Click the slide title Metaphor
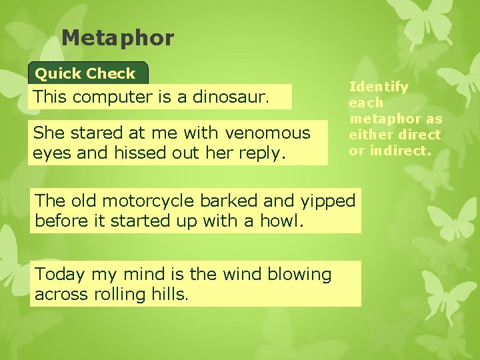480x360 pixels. pyautogui.click(x=117, y=38)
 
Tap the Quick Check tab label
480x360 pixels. pyautogui.click(x=85, y=73)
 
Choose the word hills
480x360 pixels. pyautogui.click(x=171, y=293)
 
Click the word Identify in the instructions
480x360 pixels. pyautogui.click(x=379, y=87)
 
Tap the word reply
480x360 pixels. pyautogui.click(x=265, y=153)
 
